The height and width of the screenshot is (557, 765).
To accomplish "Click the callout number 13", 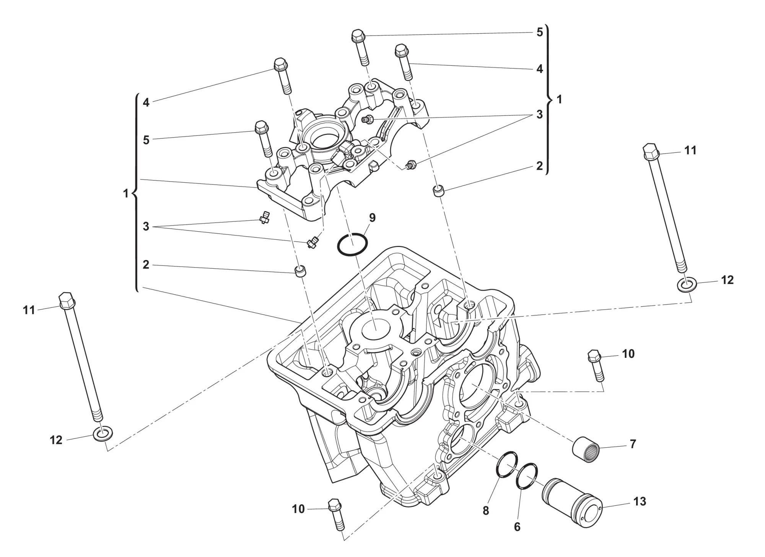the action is (640, 501).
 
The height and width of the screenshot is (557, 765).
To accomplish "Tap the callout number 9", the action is (372, 218).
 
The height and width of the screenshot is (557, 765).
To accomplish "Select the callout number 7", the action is (633, 444).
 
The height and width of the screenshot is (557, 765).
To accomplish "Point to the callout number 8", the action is (486, 511).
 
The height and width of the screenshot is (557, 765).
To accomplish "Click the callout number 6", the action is (517, 527).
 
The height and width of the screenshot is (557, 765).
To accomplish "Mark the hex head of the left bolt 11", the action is (66, 300).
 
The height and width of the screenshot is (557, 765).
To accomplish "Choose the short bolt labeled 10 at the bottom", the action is (337, 515).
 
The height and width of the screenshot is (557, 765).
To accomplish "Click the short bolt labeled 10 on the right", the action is (596, 365).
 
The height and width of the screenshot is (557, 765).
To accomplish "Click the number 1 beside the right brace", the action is (560, 99).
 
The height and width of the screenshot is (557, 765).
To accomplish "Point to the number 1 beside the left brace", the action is (125, 194).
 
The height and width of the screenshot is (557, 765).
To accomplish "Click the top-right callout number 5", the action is (540, 32).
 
